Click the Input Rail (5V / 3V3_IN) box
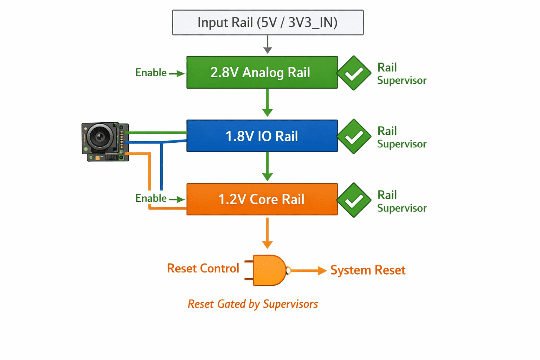[x=268, y=22]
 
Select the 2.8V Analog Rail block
[x=262, y=72]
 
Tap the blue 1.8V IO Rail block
[x=262, y=136]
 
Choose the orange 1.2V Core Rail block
[x=262, y=199]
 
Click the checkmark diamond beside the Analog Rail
[x=354, y=73]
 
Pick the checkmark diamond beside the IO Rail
[x=354, y=136]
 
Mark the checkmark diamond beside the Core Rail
[x=354, y=200]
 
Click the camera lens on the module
[x=100, y=136]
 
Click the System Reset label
[x=368, y=270]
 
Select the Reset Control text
[x=203, y=268]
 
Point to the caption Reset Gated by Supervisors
[x=253, y=304]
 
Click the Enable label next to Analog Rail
[x=151, y=72]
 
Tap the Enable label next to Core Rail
[x=151, y=198]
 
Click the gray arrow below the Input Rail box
[x=268, y=45]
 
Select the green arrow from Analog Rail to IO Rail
[x=267, y=103]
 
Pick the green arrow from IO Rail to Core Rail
[x=267, y=166]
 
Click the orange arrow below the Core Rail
[x=267, y=233]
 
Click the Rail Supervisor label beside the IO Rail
[x=402, y=137]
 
